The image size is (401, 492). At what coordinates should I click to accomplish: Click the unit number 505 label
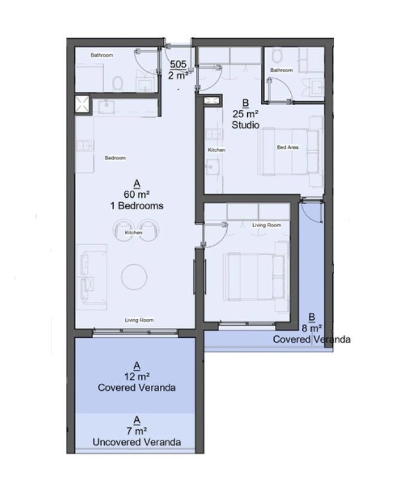(x=178, y=64)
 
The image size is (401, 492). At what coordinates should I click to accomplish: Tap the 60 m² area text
(x=136, y=194)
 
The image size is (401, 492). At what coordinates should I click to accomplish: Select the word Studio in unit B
(x=245, y=125)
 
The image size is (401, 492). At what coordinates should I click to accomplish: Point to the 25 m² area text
(x=245, y=114)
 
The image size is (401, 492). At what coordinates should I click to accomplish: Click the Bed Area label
(x=288, y=147)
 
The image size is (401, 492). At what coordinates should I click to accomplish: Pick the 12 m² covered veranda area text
(x=136, y=376)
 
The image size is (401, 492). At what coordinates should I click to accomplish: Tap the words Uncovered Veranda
(x=136, y=442)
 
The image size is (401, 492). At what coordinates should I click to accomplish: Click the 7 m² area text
(x=136, y=431)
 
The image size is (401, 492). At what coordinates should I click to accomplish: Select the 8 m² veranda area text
(x=312, y=328)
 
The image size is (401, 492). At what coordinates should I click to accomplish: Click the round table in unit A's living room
(x=134, y=277)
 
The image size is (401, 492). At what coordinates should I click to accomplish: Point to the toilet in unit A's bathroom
(x=117, y=84)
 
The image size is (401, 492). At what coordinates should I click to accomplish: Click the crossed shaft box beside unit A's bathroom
(x=82, y=104)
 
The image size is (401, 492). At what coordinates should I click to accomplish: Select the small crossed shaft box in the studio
(x=211, y=100)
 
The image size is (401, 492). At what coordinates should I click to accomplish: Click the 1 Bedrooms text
(x=136, y=206)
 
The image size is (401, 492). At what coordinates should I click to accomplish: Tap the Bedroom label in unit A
(x=116, y=158)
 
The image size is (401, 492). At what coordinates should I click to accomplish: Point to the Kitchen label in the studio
(x=217, y=150)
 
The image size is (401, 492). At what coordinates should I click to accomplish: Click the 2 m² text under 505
(x=178, y=75)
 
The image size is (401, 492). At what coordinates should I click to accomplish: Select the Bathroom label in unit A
(x=102, y=55)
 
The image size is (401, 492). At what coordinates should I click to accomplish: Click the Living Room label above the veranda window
(x=139, y=320)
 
